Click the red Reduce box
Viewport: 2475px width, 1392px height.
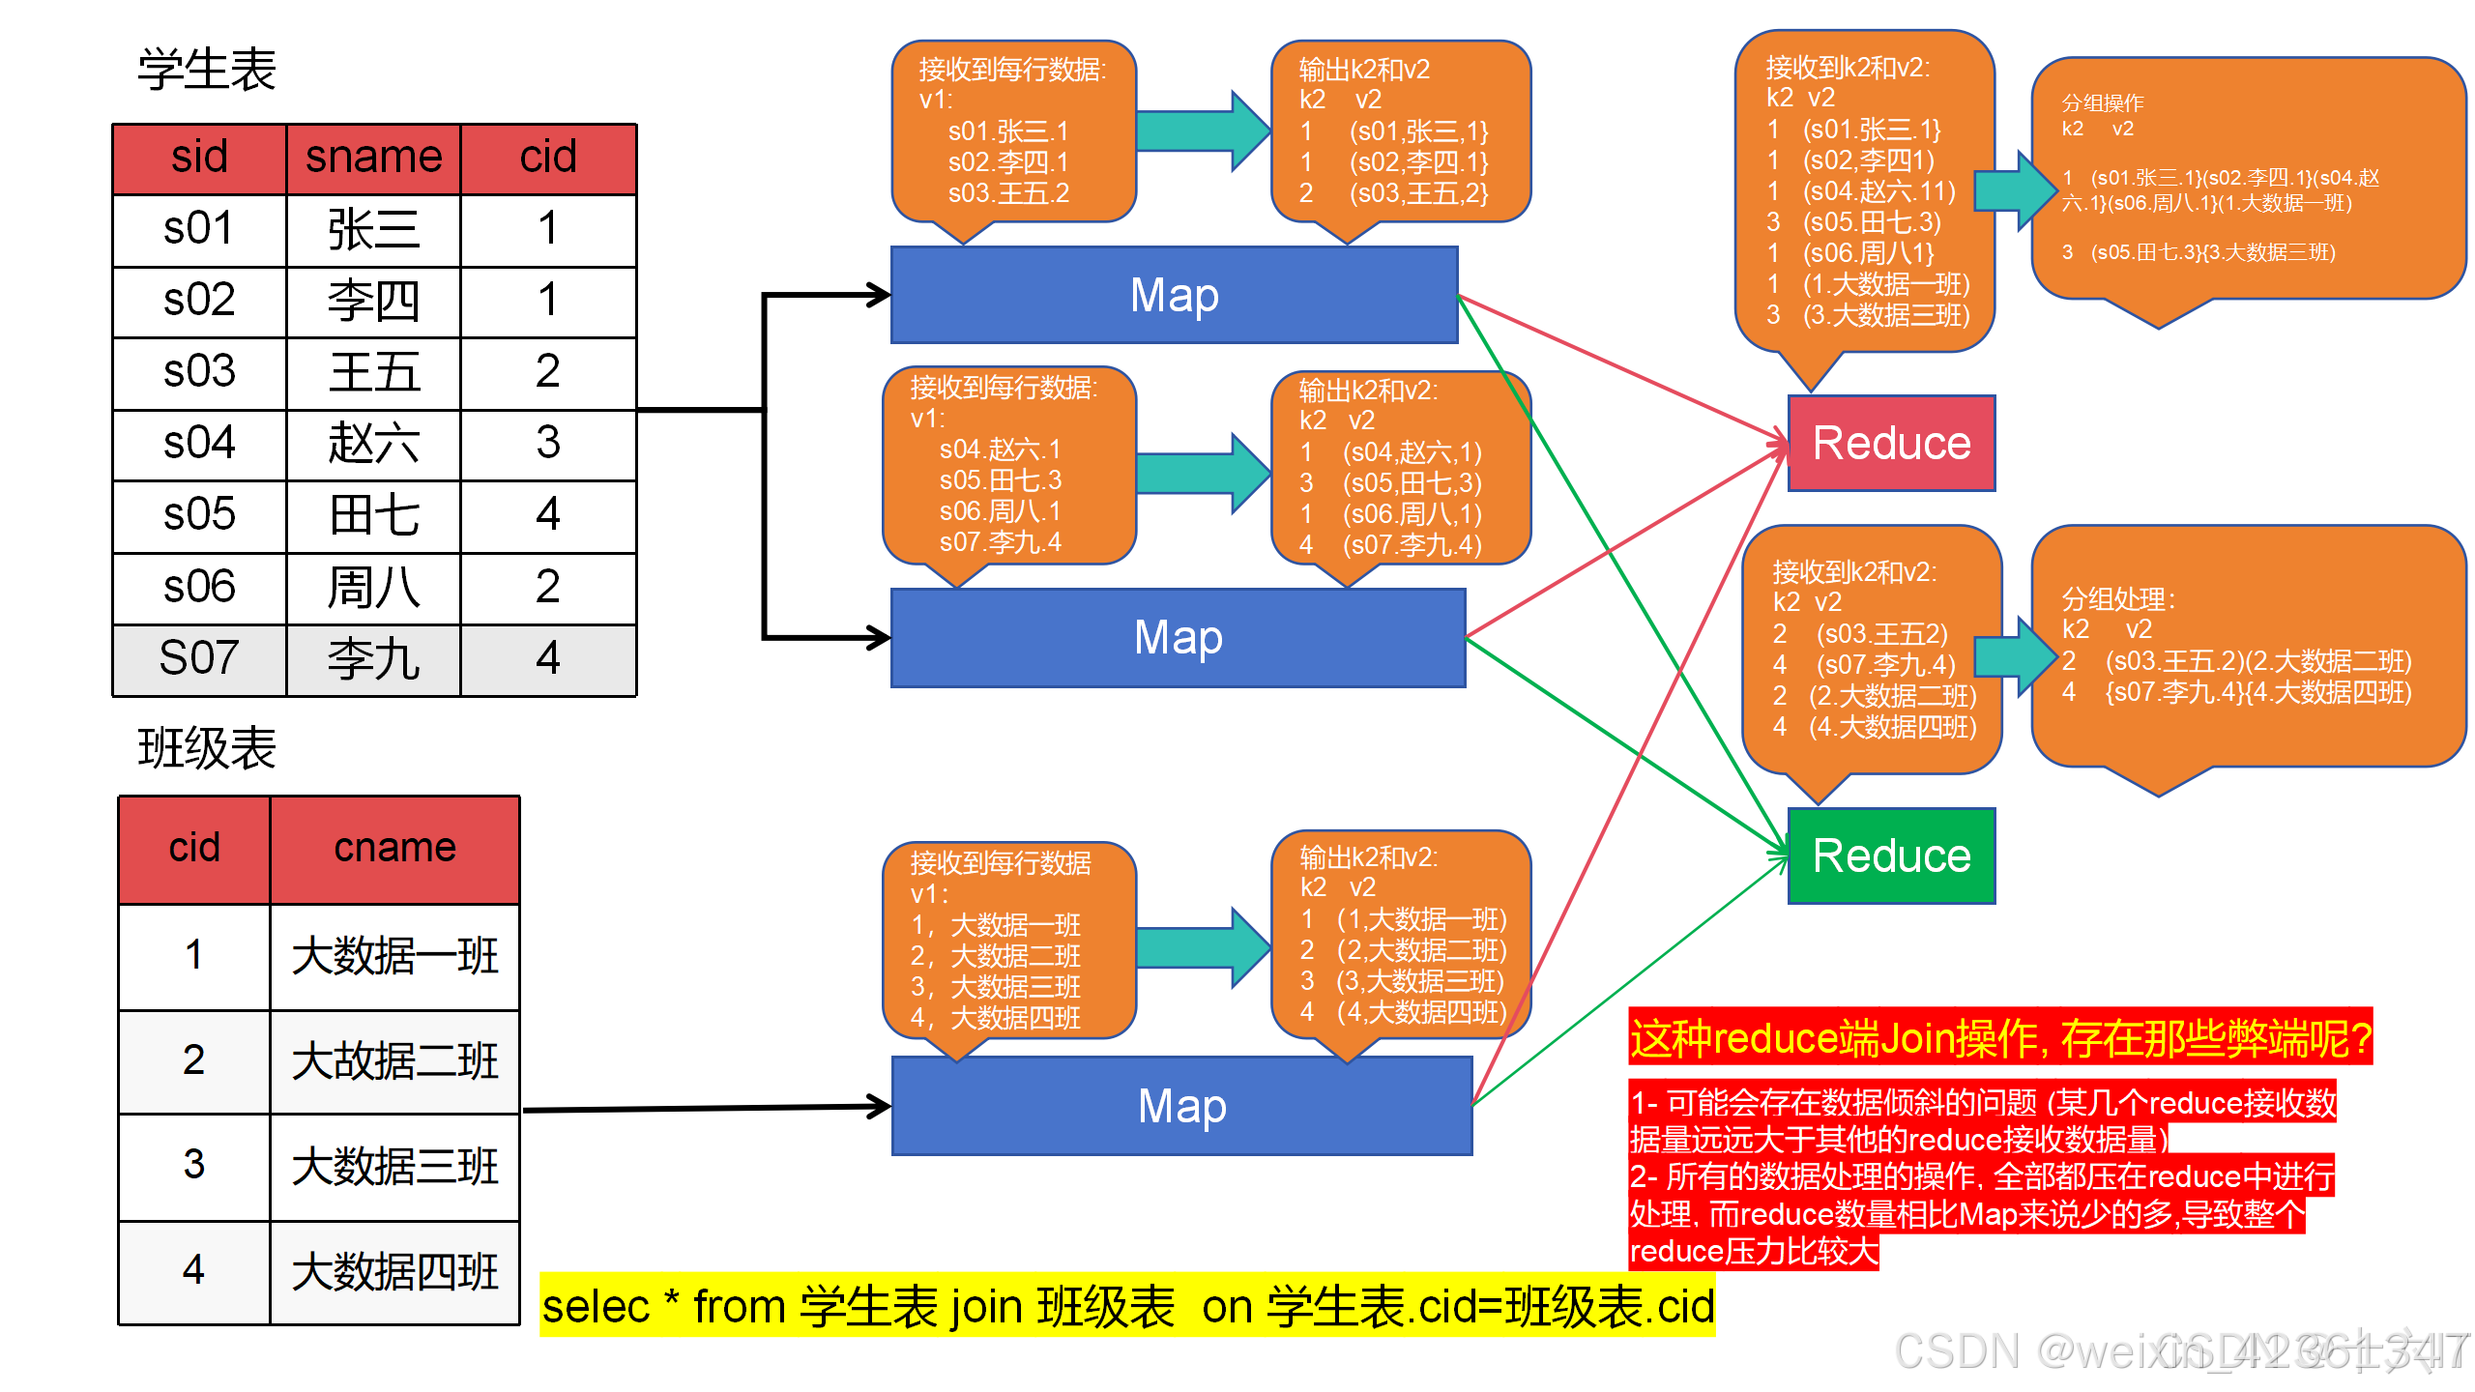tap(1891, 443)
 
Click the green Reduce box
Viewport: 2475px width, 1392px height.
tap(1891, 855)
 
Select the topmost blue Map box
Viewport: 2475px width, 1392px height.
tap(1174, 295)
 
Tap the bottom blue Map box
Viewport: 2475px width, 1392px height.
tap(1181, 1106)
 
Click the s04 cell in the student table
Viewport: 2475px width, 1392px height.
tap(199, 444)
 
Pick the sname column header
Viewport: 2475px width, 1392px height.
tap(373, 158)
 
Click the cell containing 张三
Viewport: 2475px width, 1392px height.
tap(373, 230)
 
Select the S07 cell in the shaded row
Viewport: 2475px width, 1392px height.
tap(199, 659)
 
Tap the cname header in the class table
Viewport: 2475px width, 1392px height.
tap(394, 849)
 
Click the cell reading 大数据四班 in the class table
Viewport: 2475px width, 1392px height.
tap(394, 1271)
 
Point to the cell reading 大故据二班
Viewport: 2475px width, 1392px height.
tap(394, 1061)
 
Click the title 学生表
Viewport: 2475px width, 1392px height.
tap(207, 70)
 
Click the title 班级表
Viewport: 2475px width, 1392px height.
tap(207, 748)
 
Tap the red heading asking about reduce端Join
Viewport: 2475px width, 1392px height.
tap(1999, 1038)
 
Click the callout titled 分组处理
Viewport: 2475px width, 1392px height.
tap(2247, 646)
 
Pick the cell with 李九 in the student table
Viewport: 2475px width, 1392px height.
tap(373, 659)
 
